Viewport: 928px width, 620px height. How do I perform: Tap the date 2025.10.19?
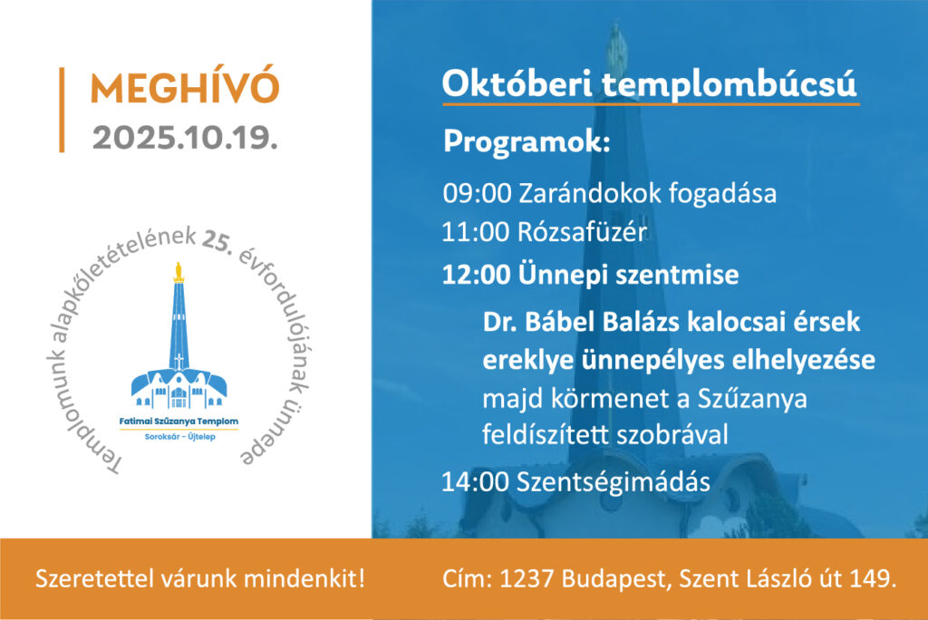coord(185,138)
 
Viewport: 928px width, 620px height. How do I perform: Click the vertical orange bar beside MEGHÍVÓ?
coord(62,111)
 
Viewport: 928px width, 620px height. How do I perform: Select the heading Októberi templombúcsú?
coord(649,84)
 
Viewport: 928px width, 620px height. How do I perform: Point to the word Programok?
coord(527,142)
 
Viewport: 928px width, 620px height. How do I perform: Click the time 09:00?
coord(477,194)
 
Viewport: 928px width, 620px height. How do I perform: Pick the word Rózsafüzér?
coord(582,231)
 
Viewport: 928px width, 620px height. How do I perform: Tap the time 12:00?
coord(476,275)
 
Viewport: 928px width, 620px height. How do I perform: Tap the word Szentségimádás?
coord(614,482)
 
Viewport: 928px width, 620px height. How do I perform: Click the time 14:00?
coord(475,482)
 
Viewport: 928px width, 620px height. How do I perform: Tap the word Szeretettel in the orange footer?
coord(96,578)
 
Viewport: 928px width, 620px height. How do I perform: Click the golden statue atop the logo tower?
coord(179,272)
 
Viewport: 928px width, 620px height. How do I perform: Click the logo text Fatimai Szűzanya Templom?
coord(179,421)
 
